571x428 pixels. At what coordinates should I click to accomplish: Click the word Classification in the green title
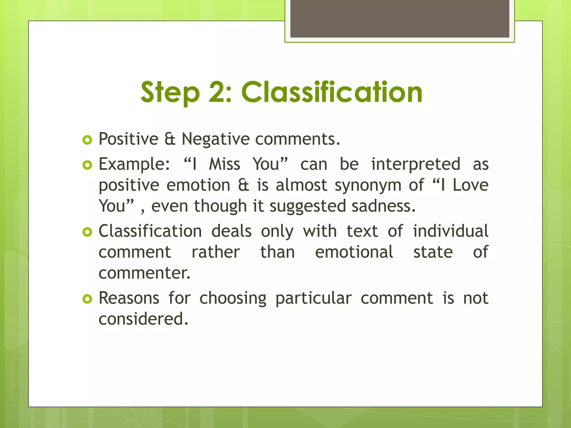332,92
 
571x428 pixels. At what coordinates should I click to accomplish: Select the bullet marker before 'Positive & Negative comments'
87,140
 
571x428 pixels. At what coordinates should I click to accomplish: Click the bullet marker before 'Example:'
87,165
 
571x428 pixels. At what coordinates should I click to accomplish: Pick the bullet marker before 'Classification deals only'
87,232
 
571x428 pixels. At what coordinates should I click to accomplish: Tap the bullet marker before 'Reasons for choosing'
87,299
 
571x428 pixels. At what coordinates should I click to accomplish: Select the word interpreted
415,164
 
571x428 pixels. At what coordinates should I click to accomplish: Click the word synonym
368,186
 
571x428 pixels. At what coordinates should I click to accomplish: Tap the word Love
470,185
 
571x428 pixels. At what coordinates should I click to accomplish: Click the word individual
450,231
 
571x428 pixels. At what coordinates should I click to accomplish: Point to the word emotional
354,252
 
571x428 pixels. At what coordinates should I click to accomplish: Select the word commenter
144,273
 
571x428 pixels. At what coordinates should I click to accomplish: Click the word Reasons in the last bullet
129,298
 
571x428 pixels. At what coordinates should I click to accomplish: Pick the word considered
143,319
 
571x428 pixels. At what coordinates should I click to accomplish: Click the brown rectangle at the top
400,18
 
